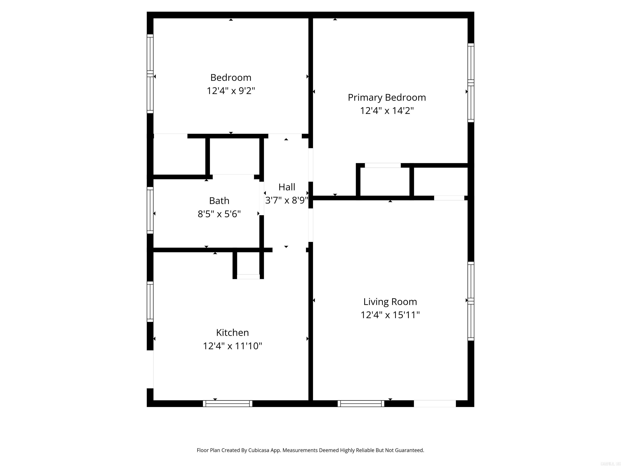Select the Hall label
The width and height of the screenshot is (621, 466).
287,187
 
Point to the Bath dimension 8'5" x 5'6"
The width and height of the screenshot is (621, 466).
219,214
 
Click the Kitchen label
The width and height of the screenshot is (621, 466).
232,333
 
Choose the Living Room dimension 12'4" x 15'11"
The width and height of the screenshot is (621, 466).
390,315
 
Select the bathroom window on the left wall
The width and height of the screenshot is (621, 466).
150,210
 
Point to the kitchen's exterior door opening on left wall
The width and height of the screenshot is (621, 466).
150,369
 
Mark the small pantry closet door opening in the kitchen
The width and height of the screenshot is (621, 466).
248,276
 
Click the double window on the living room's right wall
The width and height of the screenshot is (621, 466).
471,301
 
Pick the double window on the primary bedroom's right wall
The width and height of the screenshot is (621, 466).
471,83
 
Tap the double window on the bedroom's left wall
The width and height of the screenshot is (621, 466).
150,74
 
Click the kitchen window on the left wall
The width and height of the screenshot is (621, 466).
150,302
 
